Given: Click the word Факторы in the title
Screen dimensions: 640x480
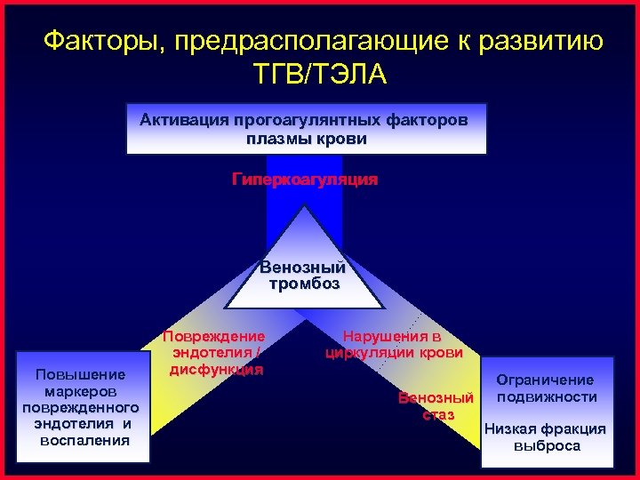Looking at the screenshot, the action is (103, 42).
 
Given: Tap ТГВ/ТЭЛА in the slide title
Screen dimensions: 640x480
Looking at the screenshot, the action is (320, 74).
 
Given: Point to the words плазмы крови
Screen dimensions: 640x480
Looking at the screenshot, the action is (308, 139).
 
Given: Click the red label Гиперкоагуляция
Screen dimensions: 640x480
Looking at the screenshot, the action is (305, 180).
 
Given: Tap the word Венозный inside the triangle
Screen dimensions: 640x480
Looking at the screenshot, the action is (302, 267).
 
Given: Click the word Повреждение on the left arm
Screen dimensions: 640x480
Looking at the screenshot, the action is (213, 336).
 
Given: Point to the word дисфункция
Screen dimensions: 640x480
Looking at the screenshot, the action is (214, 368).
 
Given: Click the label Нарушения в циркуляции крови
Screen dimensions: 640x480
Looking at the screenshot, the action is (394, 344).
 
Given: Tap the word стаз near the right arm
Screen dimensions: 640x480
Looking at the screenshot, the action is (439, 414).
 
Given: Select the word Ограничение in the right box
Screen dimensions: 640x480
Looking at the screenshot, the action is (545, 380).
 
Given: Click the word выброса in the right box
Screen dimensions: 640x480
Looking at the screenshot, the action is (547, 445).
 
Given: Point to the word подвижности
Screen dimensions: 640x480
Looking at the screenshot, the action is (547, 396).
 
